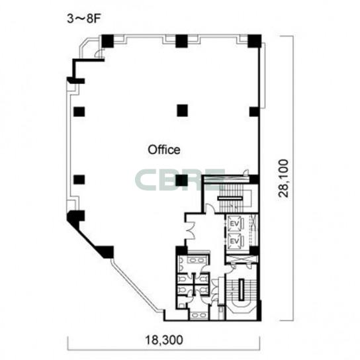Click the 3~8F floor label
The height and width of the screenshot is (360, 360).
click(84, 19)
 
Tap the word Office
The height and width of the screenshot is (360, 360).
click(164, 150)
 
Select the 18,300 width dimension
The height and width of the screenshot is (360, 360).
click(164, 339)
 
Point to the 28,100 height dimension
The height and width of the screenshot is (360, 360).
click(283, 178)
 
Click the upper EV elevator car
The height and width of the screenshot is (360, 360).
click(235, 223)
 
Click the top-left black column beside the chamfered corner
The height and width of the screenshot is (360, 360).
click(107, 41)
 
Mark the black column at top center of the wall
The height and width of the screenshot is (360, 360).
click(181, 41)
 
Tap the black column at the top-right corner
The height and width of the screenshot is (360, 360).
click(255, 41)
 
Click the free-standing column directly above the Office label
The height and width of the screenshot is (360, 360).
click(183, 111)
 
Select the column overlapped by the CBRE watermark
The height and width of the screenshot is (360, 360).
click(181, 180)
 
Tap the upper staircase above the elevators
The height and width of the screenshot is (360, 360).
click(230, 199)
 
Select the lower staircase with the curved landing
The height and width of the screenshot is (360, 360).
click(242, 294)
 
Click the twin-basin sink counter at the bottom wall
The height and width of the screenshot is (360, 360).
click(199, 315)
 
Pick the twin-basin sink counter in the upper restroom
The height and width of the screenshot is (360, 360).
click(196, 260)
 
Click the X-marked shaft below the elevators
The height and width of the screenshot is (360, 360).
click(241, 259)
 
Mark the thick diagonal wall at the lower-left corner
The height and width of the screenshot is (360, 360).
click(89, 235)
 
